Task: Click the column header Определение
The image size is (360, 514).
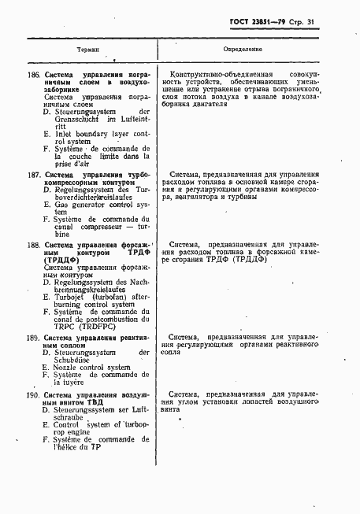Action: coord(252,48)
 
